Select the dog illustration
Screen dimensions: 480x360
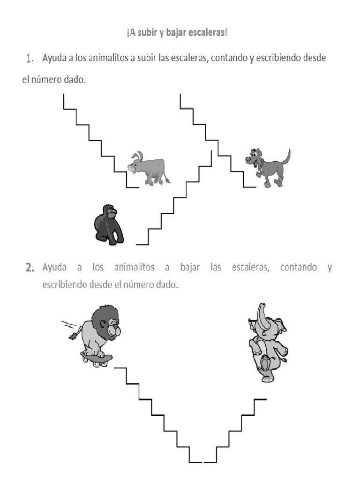coord(267,166)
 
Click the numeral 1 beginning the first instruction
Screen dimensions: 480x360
coord(29,59)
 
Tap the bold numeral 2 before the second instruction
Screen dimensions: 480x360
coord(30,268)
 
